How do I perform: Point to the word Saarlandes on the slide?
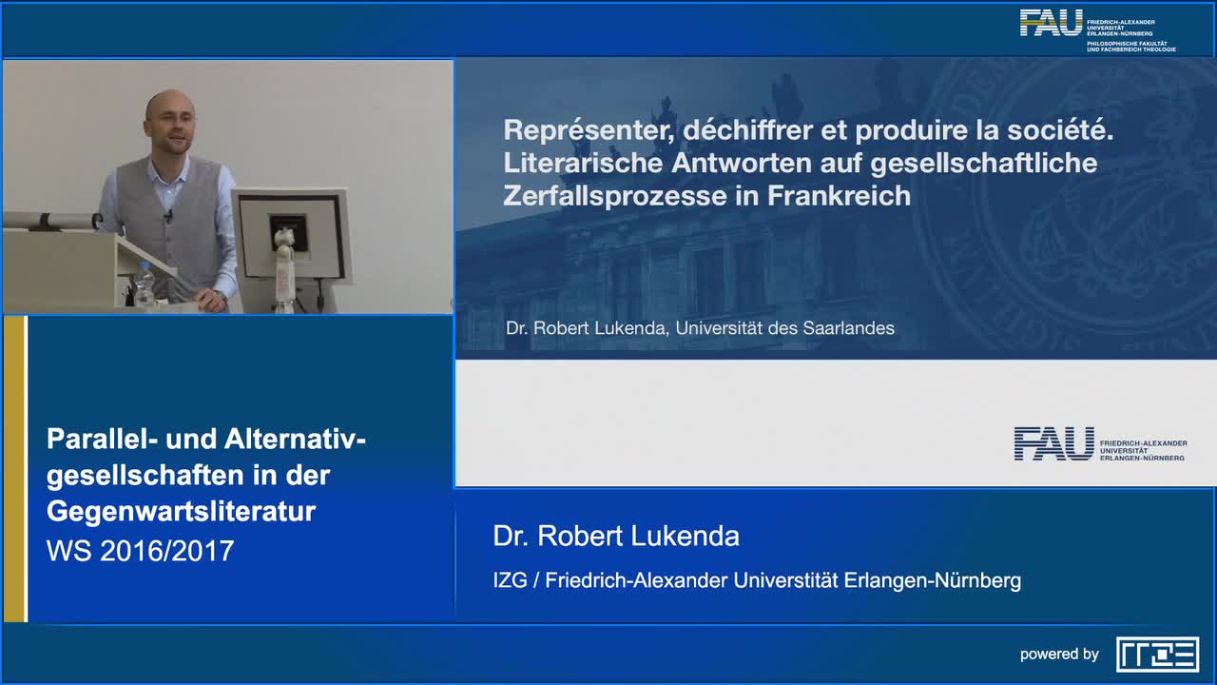848,328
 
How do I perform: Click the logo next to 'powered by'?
1157,655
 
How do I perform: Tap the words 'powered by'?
1059,655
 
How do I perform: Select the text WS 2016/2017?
140,550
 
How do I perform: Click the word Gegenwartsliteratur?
181,512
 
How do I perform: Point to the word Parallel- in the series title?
102,439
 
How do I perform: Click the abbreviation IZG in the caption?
509,580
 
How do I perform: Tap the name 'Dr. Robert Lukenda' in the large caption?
615,536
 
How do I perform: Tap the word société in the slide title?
1059,130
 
